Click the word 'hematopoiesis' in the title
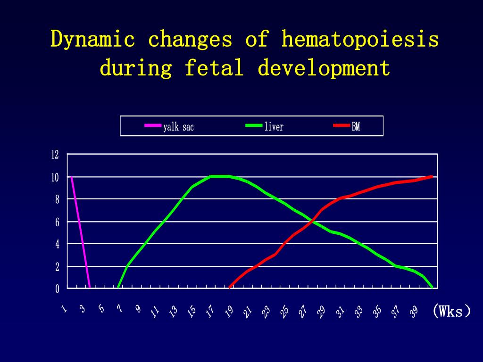(x=360, y=40)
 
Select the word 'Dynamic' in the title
(x=93, y=40)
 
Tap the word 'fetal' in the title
(x=214, y=68)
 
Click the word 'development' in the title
(x=324, y=68)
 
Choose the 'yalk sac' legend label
(x=178, y=126)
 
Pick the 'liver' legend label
(x=274, y=126)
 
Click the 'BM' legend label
(x=356, y=126)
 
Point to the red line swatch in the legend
(x=342, y=126)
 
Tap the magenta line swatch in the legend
(x=153, y=126)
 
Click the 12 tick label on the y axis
(x=55, y=155)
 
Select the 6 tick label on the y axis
(x=57, y=222)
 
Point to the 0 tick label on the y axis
(x=57, y=289)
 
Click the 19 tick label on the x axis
(x=229, y=312)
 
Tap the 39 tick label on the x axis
(x=414, y=312)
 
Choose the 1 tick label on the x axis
(x=64, y=309)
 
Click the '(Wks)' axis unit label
(x=451, y=311)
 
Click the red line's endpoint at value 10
(x=431, y=176)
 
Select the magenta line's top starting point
(x=71, y=177)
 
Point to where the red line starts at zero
(x=230, y=287)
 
